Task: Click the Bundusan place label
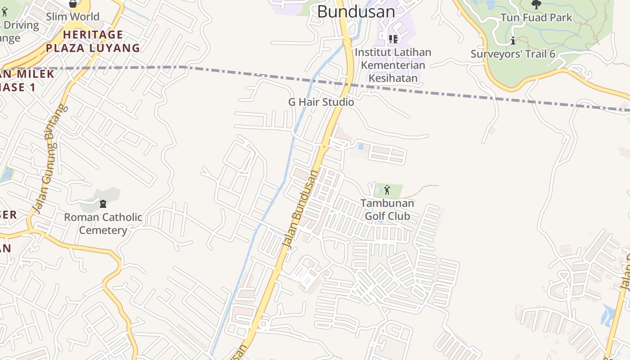(x=356, y=12)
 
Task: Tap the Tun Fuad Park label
(x=536, y=18)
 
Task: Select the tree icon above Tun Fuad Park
(x=536, y=4)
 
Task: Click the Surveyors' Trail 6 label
(x=513, y=54)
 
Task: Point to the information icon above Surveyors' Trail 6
(x=513, y=41)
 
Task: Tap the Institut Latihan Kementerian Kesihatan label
(x=393, y=65)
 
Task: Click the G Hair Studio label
(x=321, y=102)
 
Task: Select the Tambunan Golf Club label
(x=387, y=210)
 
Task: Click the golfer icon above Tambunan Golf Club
(x=387, y=190)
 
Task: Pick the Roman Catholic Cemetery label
(x=103, y=224)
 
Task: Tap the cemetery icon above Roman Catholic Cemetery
(x=103, y=203)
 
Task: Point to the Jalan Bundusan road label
(x=300, y=208)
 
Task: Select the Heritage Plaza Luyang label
(x=93, y=41)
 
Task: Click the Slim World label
(x=72, y=17)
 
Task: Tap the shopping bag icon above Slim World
(x=72, y=4)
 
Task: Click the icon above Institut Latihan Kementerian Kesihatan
(x=393, y=39)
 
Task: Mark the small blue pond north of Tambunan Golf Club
(x=360, y=147)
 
